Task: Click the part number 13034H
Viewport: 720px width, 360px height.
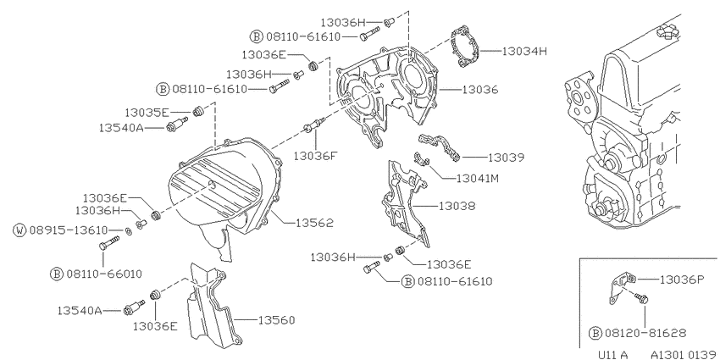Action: pos(524,51)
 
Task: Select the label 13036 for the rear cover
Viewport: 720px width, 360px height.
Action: pos(479,90)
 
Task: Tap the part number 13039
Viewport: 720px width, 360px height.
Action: pos(506,158)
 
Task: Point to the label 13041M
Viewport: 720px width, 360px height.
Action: pos(478,178)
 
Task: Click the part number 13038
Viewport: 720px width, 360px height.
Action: pos(457,206)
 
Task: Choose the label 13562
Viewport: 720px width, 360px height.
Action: pos(314,223)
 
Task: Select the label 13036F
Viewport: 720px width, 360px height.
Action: pos(315,157)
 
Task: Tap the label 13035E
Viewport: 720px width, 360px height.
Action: pos(147,113)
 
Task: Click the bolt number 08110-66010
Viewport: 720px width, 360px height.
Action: pos(104,274)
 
